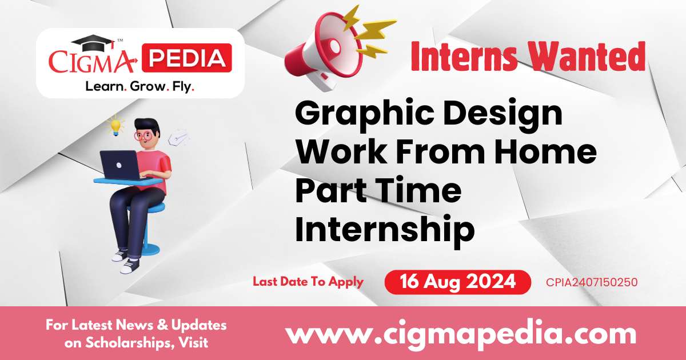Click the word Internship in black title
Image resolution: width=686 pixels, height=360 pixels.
(385, 229)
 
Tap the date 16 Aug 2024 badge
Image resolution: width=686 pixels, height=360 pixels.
(457, 282)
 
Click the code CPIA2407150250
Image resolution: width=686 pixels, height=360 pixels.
(592, 282)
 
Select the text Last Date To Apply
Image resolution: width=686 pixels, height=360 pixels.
(308, 281)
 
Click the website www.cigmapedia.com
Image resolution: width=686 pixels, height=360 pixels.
(460, 333)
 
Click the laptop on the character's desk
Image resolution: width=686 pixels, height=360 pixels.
(120, 165)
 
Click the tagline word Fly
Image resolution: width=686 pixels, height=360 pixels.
(184, 87)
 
